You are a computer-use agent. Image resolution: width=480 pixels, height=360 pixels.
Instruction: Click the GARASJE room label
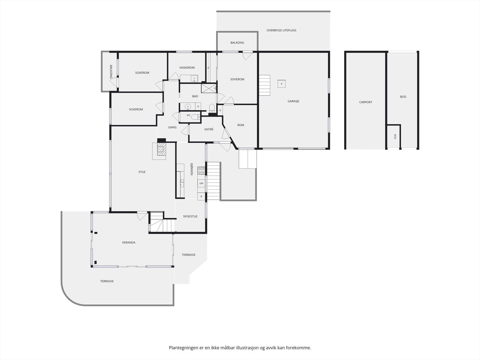tap(293, 101)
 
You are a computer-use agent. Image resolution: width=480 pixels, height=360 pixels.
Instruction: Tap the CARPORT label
tap(365, 102)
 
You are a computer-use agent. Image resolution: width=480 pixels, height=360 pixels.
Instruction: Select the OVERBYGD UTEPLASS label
tap(281, 30)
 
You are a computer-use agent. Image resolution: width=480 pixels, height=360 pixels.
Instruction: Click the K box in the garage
tap(282, 84)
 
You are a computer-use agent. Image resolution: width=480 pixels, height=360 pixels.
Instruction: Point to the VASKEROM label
tap(187, 67)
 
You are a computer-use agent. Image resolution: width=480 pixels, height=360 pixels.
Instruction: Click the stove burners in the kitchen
tap(201, 170)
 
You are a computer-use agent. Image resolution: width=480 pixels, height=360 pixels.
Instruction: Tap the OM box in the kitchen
tap(201, 183)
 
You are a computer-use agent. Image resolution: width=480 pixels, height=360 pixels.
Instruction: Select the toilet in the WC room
tap(196, 117)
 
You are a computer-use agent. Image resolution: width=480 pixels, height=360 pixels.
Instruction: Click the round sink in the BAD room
tap(188, 107)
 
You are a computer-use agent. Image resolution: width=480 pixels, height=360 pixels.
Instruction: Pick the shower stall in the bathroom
tap(208, 88)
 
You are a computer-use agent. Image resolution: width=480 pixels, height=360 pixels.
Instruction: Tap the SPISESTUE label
tap(190, 216)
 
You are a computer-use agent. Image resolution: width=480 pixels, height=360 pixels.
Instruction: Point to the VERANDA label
tap(129, 242)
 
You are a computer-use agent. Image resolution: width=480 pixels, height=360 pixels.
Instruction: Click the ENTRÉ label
tap(209, 129)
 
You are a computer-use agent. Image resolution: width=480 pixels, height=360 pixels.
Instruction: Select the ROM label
tap(241, 125)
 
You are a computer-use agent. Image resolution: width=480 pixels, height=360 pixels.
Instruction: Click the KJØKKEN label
tap(192, 169)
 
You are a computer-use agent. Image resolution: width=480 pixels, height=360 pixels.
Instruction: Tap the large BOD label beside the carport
tap(403, 97)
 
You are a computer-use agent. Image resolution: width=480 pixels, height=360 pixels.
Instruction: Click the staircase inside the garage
tap(265, 85)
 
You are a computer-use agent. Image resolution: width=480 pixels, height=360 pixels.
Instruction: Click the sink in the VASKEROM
tap(194, 79)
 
